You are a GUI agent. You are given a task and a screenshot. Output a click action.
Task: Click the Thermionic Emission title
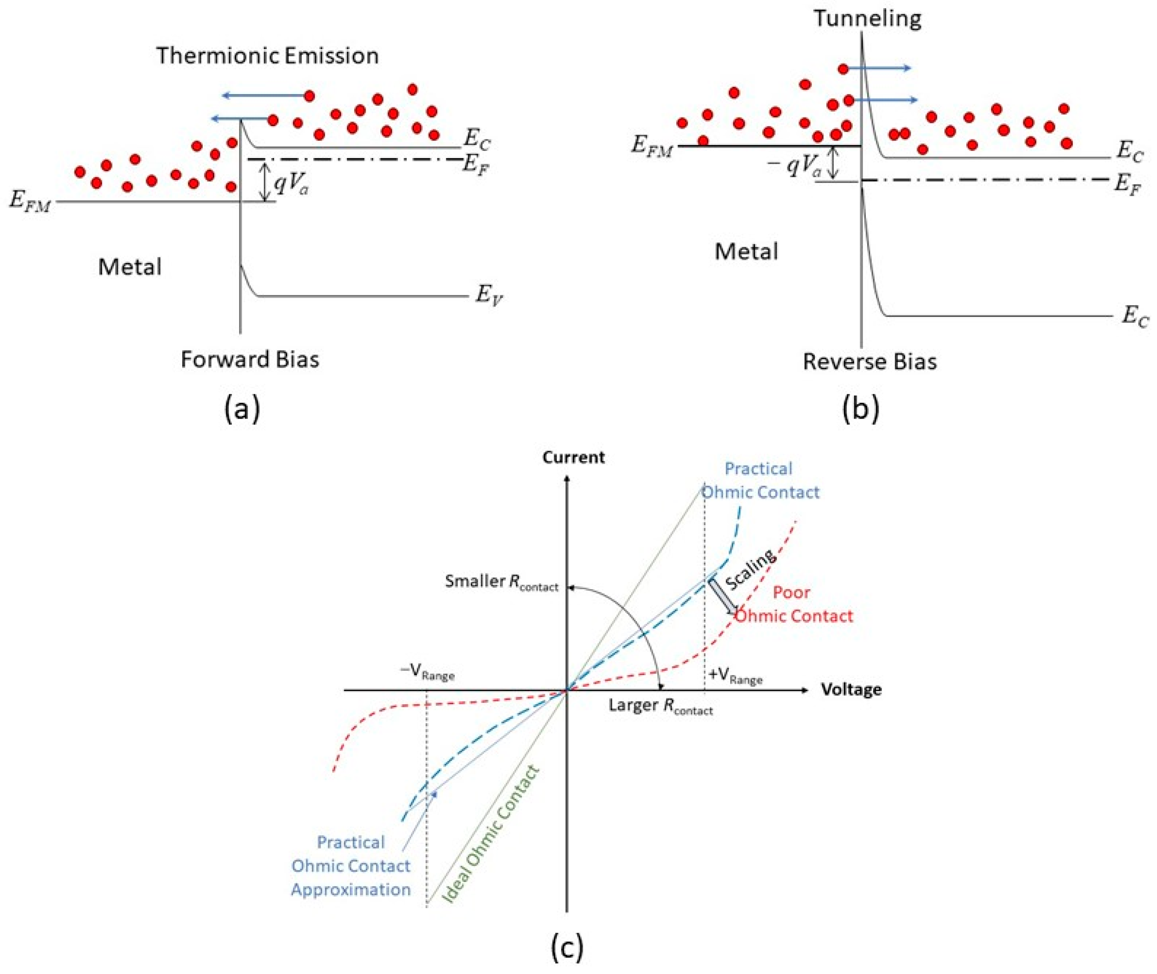pyautogui.click(x=267, y=56)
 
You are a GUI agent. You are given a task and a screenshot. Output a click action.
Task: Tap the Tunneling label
pyautogui.click(x=867, y=18)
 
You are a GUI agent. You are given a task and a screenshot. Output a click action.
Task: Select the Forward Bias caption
pyautogui.click(x=250, y=360)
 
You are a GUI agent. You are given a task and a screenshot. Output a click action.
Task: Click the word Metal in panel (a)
pyautogui.click(x=130, y=267)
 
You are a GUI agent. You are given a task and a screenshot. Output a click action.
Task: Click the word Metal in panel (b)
pyautogui.click(x=746, y=252)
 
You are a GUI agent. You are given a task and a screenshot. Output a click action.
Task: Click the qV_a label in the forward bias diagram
pyautogui.click(x=291, y=184)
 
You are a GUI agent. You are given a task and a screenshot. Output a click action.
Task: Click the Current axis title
pyautogui.click(x=573, y=457)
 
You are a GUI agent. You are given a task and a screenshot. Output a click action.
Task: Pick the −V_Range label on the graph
pyautogui.click(x=427, y=672)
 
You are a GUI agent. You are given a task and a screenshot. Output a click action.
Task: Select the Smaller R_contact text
pyautogui.click(x=501, y=582)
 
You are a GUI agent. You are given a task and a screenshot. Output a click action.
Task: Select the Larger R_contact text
pyautogui.click(x=660, y=706)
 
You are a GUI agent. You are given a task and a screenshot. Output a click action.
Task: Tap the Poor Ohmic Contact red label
pyautogui.click(x=793, y=604)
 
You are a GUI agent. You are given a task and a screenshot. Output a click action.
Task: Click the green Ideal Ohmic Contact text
pyautogui.click(x=491, y=834)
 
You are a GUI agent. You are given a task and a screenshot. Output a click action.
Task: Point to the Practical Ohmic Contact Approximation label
pyautogui.click(x=351, y=866)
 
